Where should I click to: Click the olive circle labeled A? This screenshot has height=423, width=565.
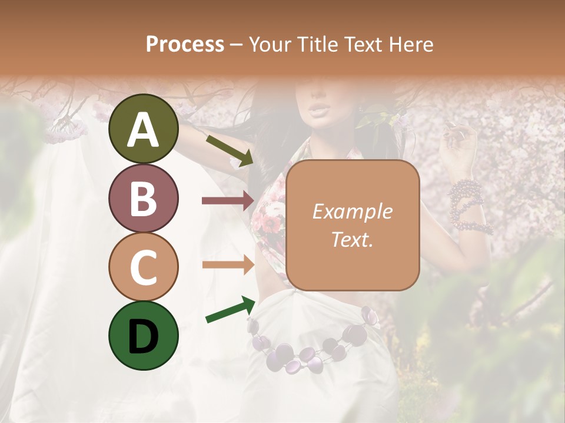(143, 129)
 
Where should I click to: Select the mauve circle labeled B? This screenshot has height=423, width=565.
(143, 198)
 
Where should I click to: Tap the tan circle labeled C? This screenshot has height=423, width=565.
(143, 267)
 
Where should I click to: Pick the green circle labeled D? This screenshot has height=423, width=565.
(143, 335)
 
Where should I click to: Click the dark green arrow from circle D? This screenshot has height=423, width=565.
(230, 310)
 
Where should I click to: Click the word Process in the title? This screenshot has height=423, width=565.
(185, 44)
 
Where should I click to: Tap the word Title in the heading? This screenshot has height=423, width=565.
(317, 44)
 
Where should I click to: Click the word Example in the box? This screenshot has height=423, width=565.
(352, 211)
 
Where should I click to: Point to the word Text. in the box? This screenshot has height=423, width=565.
(352, 239)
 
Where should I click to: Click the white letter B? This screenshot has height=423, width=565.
(143, 199)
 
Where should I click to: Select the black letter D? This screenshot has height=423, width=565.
(143, 336)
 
